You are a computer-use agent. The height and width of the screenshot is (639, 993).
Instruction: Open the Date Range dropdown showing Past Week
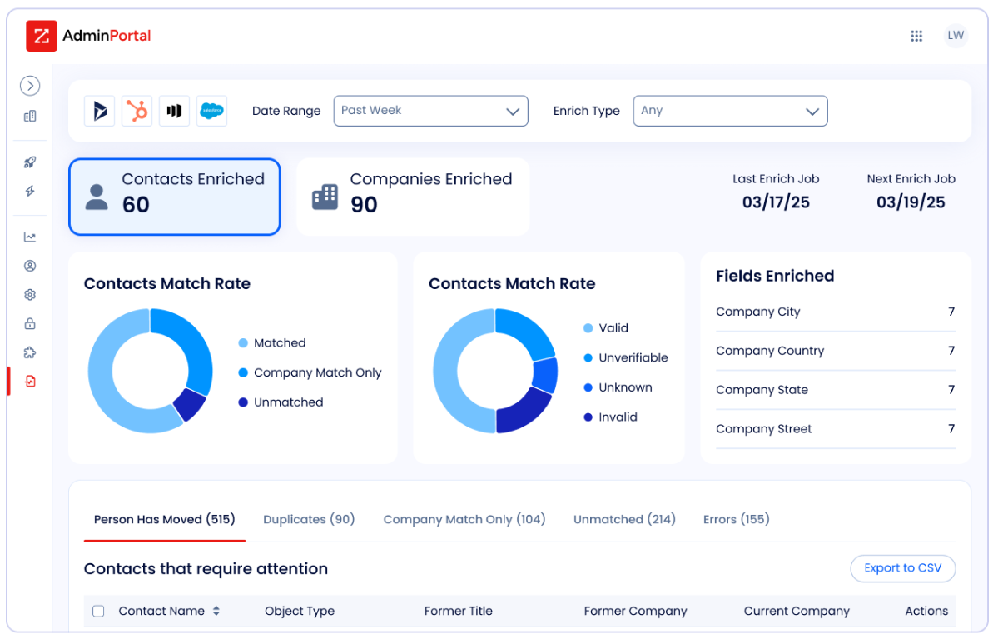point(430,111)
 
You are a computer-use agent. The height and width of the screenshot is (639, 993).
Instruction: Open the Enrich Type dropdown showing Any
point(730,111)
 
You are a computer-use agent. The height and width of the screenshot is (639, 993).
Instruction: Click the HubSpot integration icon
point(137,111)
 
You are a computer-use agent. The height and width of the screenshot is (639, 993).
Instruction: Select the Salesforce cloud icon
point(211,111)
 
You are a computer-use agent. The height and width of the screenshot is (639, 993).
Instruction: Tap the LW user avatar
point(956,36)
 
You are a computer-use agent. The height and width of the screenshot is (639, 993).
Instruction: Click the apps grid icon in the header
point(916,36)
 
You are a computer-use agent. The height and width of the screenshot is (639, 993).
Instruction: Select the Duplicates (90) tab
point(309,519)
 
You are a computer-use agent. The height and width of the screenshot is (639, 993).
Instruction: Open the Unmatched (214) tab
point(624,519)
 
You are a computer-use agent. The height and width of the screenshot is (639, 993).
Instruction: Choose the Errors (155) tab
point(737,519)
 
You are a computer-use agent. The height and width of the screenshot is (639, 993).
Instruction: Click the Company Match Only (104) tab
point(464,519)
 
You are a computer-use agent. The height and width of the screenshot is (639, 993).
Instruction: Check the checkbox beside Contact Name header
point(98,612)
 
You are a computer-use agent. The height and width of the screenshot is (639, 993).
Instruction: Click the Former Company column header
point(635,612)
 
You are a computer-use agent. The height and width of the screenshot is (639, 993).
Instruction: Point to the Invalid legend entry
point(610,417)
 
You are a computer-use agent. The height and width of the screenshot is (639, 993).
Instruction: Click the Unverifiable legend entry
point(626,357)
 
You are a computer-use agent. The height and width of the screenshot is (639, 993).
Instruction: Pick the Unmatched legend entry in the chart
point(281,402)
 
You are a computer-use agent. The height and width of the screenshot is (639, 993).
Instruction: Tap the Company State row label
point(762,390)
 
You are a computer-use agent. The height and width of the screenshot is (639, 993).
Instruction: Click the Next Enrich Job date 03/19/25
point(911,202)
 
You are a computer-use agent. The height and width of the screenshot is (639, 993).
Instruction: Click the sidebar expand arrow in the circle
point(30,86)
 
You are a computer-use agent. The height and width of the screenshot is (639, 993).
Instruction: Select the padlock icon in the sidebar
point(30,323)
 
